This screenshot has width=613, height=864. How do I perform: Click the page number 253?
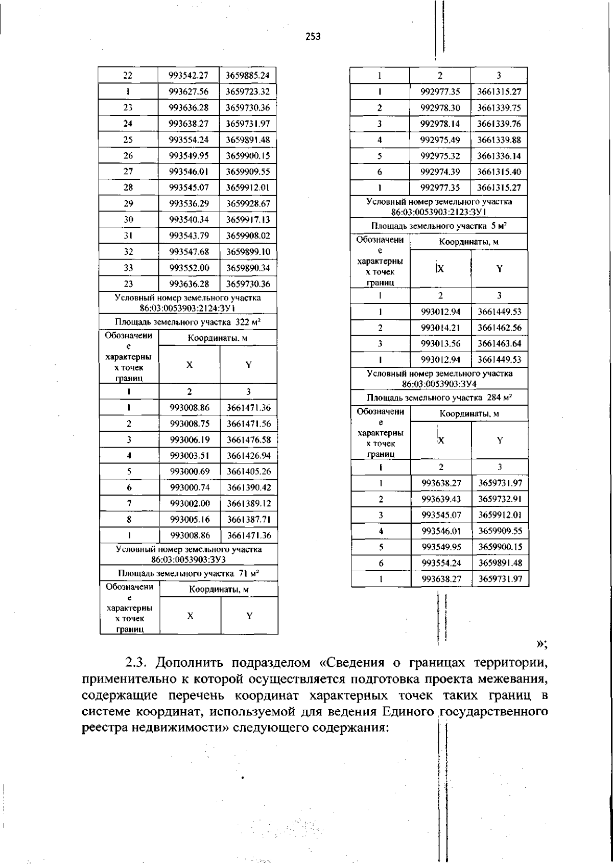[313, 36]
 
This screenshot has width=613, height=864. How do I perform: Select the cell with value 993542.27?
[188, 76]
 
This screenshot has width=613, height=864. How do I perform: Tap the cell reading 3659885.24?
[248, 76]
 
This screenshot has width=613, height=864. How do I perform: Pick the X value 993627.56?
[188, 92]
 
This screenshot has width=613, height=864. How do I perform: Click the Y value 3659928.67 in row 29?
[248, 204]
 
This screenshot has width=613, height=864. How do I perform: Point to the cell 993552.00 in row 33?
[188, 268]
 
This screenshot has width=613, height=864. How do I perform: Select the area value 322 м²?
[248, 322]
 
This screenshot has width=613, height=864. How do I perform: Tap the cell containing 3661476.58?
[249, 439]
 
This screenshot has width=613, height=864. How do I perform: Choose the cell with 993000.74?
[190, 487]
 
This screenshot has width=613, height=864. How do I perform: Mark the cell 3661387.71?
[249, 520]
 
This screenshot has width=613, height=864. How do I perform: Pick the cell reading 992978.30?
[440, 108]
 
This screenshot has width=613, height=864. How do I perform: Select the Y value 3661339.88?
[499, 140]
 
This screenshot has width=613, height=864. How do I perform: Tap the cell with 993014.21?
[440, 328]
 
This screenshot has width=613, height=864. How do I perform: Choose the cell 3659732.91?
[500, 499]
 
